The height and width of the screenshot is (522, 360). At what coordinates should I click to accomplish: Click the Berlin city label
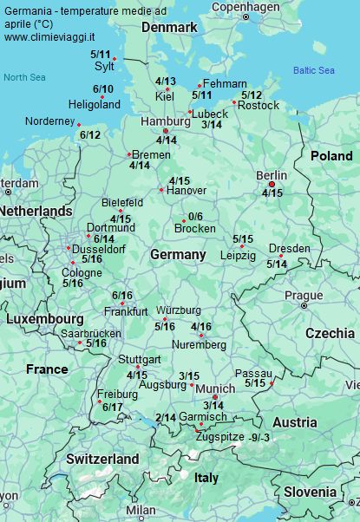click(x=272, y=175)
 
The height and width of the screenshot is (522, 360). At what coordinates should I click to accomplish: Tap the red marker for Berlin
click(x=272, y=184)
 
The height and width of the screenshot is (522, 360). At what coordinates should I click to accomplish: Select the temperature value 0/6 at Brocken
click(x=194, y=217)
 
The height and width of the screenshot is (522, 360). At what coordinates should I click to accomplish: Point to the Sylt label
click(x=103, y=66)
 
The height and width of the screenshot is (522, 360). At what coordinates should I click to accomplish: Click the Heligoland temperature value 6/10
click(x=102, y=89)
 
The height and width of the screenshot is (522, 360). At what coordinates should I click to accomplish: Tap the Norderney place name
click(x=50, y=121)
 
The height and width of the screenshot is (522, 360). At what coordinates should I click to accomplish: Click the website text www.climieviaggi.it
click(x=49, y=38)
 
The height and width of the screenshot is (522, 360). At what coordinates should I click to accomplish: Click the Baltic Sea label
click(x=313, y=70)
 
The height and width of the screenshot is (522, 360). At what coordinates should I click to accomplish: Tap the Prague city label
click(x=304, y=295)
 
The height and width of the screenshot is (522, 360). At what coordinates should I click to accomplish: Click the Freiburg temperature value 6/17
click(x=112, y=407)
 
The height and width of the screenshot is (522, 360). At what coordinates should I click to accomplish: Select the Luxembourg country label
click(x=44, y=319)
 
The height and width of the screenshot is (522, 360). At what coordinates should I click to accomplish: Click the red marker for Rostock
click(x=233, y=102)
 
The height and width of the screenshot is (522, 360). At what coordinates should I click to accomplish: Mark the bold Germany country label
click(x=178, y=255)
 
